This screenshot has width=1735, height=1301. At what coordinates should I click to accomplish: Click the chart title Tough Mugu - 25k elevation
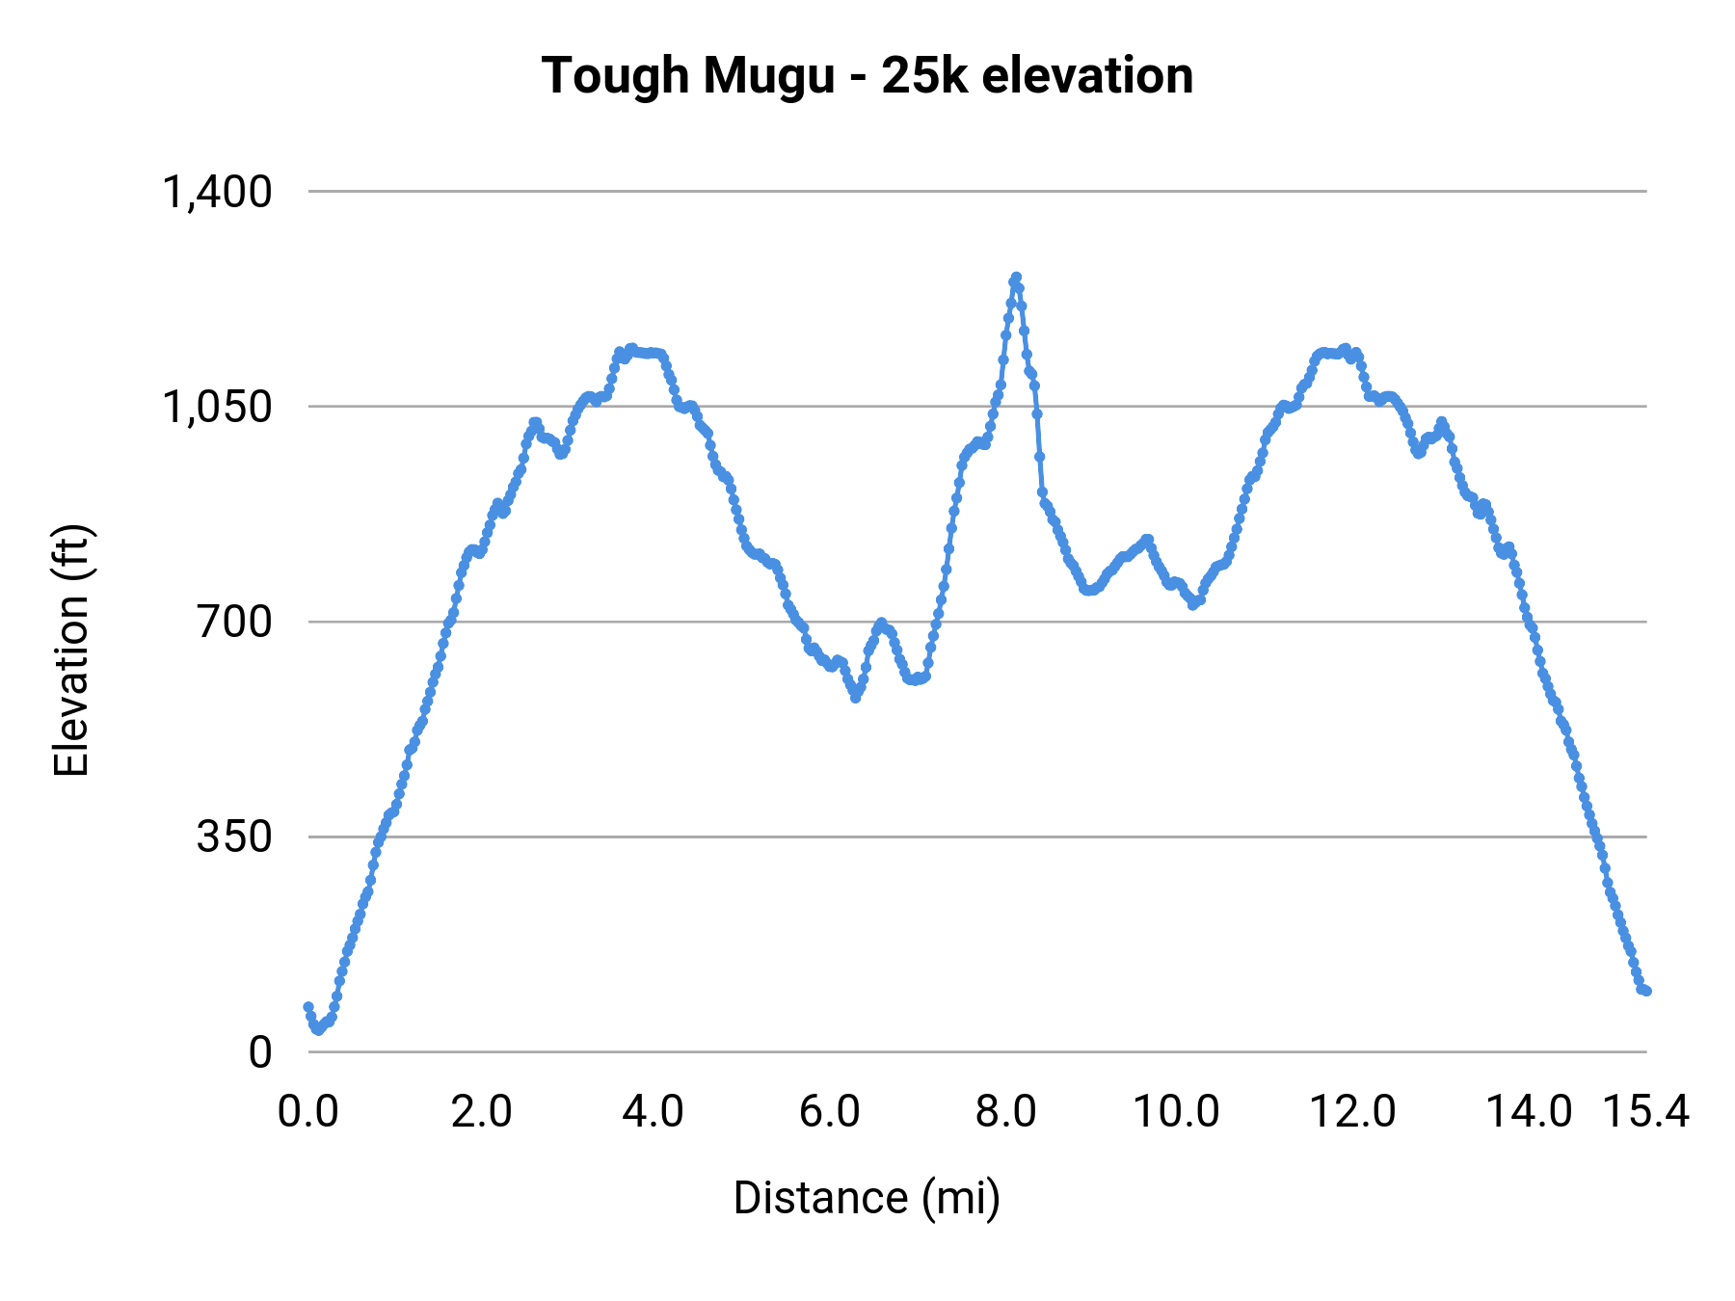click(867, 76)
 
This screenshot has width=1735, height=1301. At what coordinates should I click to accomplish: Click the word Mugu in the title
click(768, 76)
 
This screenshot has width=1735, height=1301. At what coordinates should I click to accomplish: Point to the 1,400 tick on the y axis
click(218, 192)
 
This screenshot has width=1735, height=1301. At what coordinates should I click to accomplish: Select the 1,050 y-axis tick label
click(218, 407)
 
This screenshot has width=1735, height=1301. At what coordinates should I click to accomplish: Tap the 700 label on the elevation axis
click(235, 622)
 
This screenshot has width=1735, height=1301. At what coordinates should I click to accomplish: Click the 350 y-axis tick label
click(235, 836)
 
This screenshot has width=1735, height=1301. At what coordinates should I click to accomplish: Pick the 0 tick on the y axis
click(260, 1051)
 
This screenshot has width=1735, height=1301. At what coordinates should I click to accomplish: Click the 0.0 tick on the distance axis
click(308, 1112)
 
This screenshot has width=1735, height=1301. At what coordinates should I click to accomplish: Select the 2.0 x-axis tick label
click(482, 1112)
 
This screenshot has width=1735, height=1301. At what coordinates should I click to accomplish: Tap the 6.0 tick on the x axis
click(830, 1112)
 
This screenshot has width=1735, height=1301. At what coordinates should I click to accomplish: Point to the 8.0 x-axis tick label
click(1005, 1112)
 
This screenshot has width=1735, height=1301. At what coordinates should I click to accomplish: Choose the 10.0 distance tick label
click(1176, 1112)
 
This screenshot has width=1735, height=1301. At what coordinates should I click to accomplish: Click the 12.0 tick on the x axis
click(1352, 1112)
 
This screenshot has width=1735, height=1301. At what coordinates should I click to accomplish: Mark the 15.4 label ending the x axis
click(1645, 1112)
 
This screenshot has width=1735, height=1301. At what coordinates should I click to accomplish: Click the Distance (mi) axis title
click(867, 1198)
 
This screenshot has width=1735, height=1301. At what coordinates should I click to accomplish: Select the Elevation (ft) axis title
click(71, 650)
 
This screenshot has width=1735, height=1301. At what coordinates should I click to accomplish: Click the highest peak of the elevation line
click(1015, 278)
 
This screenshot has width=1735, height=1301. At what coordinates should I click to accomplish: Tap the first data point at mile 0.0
click(308, 1007)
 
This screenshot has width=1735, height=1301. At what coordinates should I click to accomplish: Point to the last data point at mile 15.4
click(1646, 991)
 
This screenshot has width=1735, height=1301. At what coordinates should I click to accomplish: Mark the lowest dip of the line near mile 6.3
click(855, 697)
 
